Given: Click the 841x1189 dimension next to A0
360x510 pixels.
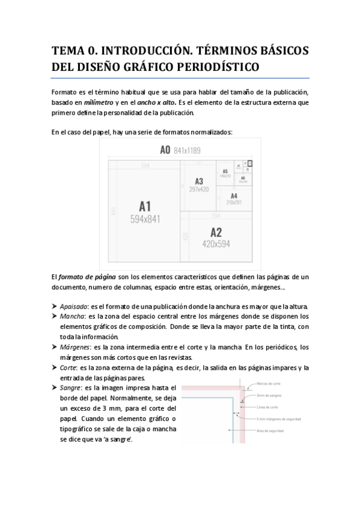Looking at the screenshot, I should [188, 150].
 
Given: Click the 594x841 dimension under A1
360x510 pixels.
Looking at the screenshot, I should [145, 219].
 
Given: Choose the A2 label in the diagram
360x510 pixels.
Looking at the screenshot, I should [216, 232].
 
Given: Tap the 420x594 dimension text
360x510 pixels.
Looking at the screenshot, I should [216, 244].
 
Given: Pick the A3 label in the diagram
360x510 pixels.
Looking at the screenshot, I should [199, 181].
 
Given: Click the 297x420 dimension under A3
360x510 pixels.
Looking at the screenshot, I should [199, 189].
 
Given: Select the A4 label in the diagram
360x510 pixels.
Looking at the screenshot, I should [234, 196].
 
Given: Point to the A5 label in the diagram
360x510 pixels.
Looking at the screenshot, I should [225, 171].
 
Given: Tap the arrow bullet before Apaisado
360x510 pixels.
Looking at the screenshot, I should [55, 306].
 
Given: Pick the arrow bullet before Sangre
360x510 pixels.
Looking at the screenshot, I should [55, 389].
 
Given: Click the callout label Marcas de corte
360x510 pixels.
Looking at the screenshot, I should [269, 383].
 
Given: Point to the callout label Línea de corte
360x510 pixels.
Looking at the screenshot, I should [266, 407].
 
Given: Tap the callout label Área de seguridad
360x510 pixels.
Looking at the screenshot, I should [269, 431].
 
